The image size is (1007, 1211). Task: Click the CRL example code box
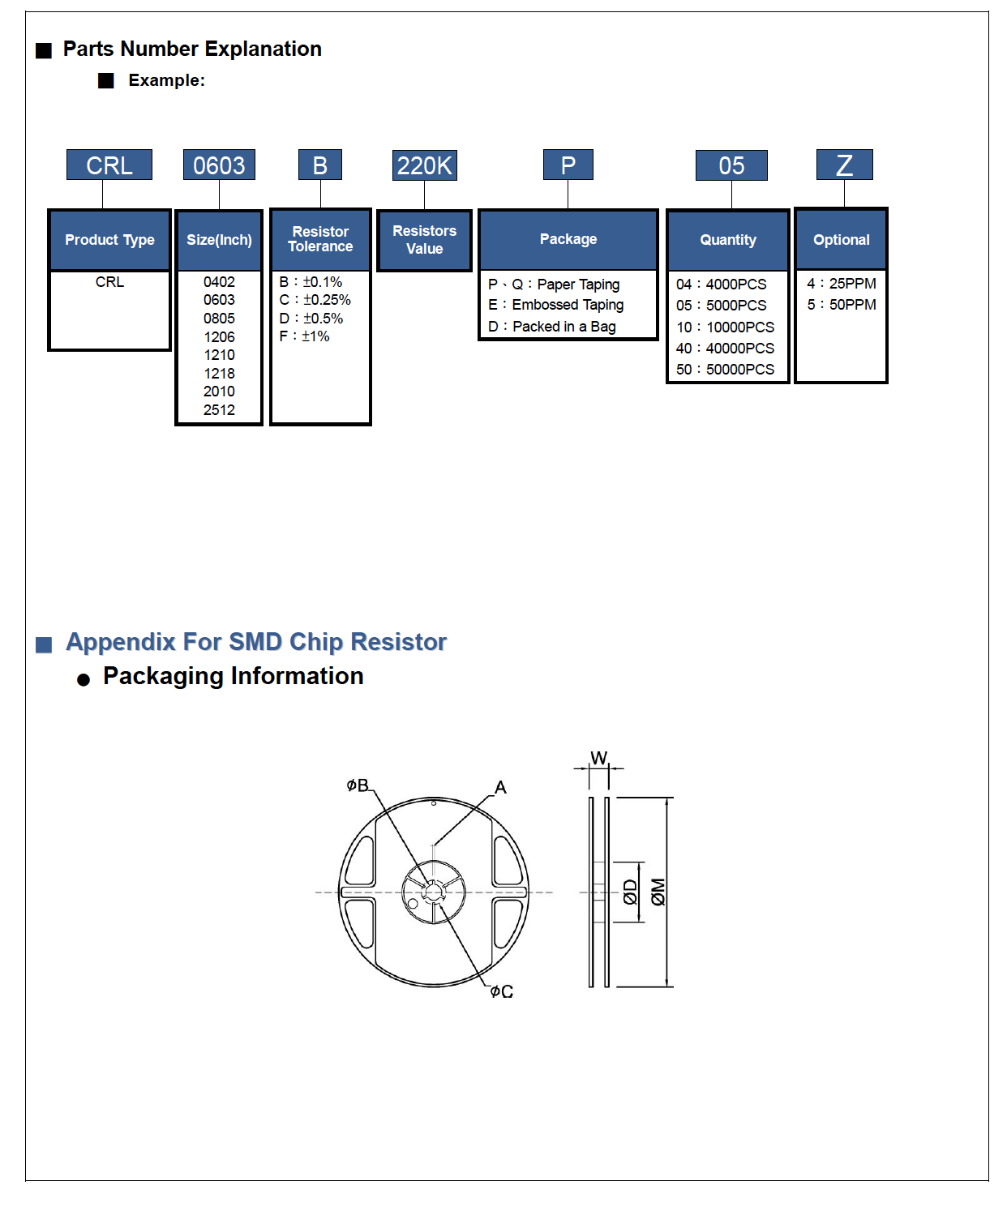tap(109, 165)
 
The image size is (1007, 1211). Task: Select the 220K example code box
tap(424, 165)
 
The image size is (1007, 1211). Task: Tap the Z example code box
tap(844, 165)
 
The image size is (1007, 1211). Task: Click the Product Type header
tap(109, 240)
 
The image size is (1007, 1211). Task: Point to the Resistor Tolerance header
tap(320, 239)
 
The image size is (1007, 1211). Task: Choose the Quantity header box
tap(728, 240)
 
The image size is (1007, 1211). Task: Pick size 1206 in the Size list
tap(219, 337)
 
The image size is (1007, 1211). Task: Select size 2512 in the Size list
tap(219, 410)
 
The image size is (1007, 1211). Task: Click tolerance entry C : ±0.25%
tap(315, 300)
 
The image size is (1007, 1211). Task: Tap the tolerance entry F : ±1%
tap(305, 336)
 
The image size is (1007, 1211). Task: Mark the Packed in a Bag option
tap(552, 327)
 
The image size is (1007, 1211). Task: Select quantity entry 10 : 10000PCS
tap(726, 327)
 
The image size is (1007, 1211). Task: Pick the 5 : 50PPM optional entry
tap(842, 305)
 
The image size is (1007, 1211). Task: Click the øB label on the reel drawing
tap(358, 785)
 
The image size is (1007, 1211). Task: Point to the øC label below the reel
tap(502, 991)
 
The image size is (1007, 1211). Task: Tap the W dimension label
tap(598, 758)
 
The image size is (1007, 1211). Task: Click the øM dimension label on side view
tap(658, 892)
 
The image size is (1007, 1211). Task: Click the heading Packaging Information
tap(233, 676)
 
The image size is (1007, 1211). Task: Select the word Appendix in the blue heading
tap(121, 642)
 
